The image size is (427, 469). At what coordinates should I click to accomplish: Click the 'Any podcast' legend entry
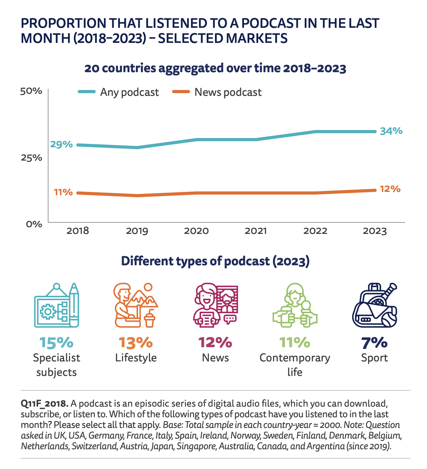point(129,92)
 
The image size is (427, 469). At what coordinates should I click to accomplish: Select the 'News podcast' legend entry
point(228,92)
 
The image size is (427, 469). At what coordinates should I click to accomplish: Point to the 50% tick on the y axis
point(31,91)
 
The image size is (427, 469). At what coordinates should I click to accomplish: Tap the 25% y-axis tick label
point(31,158)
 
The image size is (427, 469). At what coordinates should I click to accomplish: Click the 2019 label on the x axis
point(137,231)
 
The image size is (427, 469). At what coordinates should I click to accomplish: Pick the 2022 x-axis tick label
point(315,231)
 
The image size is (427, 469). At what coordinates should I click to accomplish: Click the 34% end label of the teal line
point(391,131)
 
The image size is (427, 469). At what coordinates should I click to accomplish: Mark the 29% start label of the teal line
point(61,144)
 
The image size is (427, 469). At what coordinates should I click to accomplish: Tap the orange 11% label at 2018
point(63,192)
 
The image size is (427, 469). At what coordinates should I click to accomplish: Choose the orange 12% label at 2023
point(390,189)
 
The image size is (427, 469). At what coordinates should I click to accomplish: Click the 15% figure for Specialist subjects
point(56,342)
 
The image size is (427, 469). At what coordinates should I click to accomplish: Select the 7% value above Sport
point(374,342)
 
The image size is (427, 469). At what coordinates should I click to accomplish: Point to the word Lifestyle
point(136,358)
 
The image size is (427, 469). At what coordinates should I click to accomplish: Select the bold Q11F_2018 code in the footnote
point(44,403)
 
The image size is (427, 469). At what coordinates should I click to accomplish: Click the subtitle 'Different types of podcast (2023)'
point(215,261)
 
